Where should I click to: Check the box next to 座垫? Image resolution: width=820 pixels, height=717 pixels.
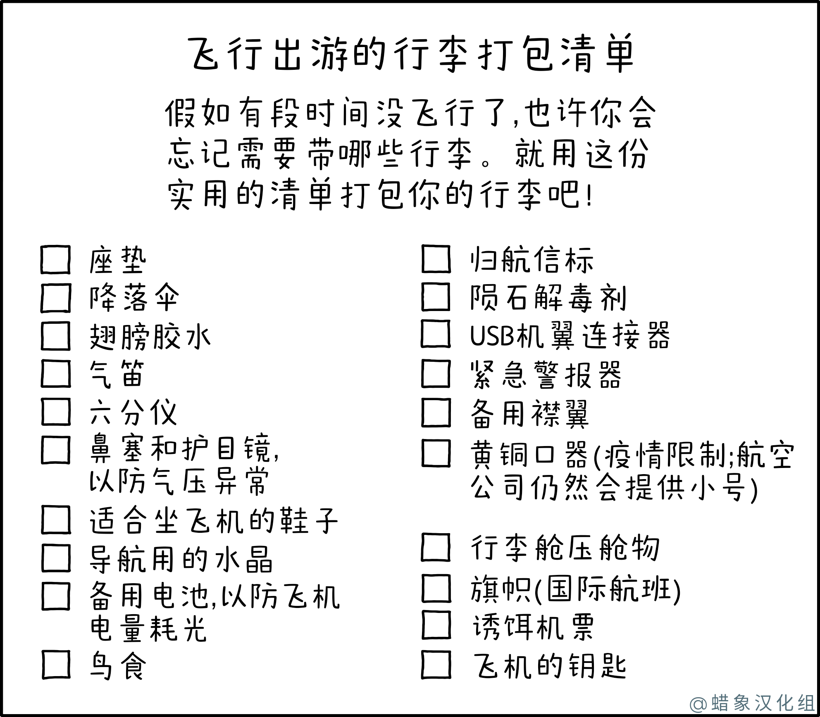[56, 260]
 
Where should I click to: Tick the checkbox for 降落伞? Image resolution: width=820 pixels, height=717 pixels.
[56, 297]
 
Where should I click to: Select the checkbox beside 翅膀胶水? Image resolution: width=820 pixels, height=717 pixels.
[56, 336]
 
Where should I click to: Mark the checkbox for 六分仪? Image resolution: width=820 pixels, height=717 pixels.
[56, 411]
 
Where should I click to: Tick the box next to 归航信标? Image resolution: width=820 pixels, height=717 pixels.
[436, 259]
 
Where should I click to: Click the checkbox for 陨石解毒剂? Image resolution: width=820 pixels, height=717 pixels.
[436, 297]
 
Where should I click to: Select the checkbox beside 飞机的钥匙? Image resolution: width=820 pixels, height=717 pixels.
[436, 665]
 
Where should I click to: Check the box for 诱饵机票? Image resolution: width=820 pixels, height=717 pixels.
[436, 625]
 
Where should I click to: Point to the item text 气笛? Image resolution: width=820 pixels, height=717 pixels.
[117, 374]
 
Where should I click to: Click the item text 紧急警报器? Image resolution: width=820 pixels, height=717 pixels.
[546, 375]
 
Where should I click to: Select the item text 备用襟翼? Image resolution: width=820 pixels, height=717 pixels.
[529, 413]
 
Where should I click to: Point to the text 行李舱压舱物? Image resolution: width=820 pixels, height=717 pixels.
[565, 548]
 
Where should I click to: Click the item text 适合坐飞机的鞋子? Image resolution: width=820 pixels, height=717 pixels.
[214, 521]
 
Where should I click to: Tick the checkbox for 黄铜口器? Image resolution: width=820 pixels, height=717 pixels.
[436, 453]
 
